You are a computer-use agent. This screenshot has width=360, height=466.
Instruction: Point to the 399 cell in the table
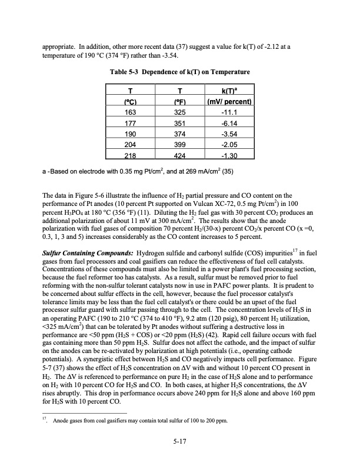[x=182, y=144]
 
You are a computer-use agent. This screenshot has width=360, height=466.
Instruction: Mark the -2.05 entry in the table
[x=230, y=144]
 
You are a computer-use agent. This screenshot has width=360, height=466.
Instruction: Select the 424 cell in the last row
[x=182, y=155]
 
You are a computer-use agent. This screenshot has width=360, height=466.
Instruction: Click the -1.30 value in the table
[x=230, y=155]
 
